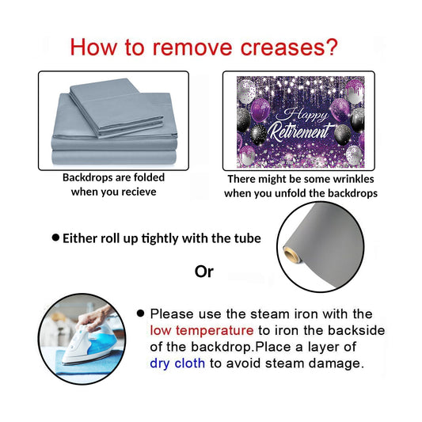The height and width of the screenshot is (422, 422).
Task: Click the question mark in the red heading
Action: coord(331,47)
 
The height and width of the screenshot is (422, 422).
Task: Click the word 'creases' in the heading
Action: coord(280,48)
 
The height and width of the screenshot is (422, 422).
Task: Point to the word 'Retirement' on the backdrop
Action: coord(299,131)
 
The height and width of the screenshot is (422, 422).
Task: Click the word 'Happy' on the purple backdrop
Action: coord(302,114)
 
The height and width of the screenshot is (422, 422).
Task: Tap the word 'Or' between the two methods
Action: coord(204,272)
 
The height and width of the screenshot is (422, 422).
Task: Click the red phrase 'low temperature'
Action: coord(202,330)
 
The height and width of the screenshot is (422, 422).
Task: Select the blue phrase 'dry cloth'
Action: coord(177,363)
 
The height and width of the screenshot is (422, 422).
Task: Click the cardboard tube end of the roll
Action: coord(291,254)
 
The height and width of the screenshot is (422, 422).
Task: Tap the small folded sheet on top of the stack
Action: coord(116,108)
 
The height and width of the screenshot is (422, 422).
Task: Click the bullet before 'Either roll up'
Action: coord(55,238)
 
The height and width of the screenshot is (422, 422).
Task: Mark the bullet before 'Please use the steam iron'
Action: coord(140,313)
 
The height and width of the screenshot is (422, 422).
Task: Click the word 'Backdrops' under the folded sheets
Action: coord(84,177)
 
